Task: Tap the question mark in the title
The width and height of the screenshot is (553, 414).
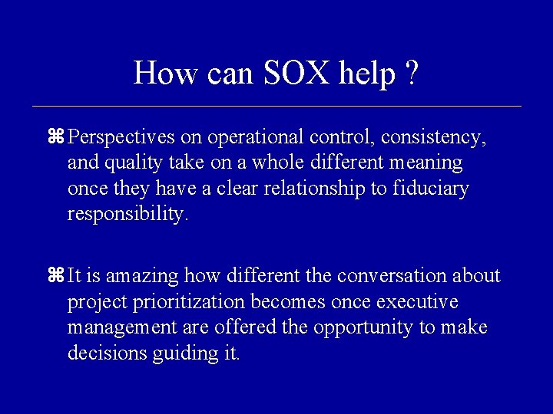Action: coord(412,74)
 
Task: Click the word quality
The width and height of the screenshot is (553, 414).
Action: coord(137,163)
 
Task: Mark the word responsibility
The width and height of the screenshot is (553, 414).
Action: coord(127,214)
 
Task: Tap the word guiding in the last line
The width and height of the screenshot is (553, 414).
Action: coord(187,353)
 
